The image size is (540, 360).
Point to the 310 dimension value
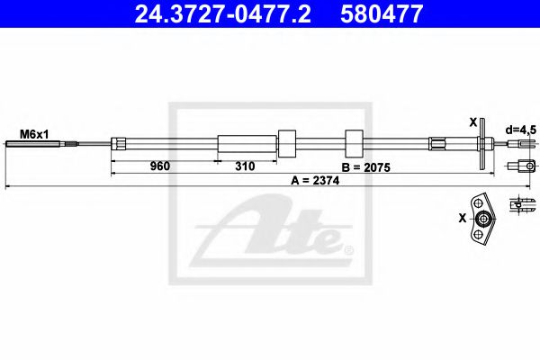(244, 167)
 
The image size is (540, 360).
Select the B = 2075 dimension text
(368, 167)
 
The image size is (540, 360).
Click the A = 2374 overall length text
(317, 180)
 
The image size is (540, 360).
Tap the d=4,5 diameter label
(520, 130)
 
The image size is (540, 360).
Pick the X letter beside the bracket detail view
(462, 217)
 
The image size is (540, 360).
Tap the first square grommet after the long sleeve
(288, 143)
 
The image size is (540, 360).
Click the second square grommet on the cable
(354, 143)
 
